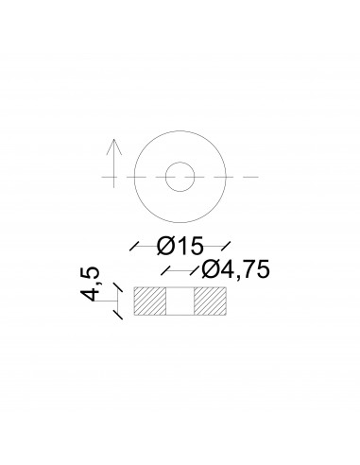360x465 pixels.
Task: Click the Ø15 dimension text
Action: tap(180, 246)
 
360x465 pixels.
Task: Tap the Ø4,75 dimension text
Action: tap(235, 269)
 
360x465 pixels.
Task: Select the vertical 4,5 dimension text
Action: tap(91, 284)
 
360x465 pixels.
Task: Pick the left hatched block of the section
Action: tap(150, 301)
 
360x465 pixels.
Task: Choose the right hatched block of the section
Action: tap(210, 301)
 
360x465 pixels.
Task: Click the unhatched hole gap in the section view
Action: tap(180, 301)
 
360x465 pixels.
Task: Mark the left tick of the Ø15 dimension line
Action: tap(134, 246)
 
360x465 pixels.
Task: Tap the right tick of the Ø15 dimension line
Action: tap(226, 246)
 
